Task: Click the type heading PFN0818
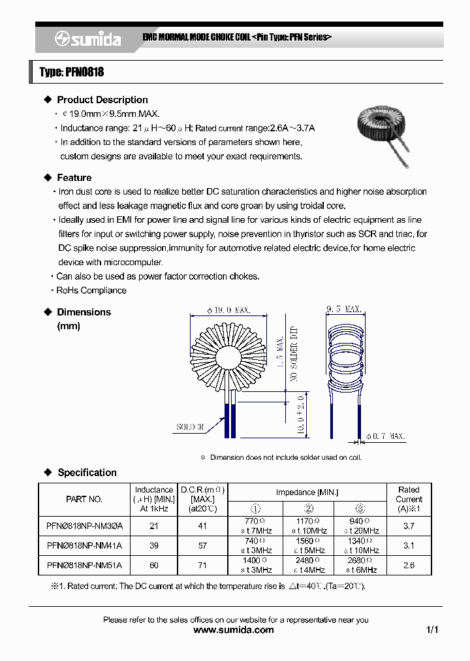pos(72,72)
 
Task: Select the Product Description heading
pos(102,100)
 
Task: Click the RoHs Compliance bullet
pos(91,290)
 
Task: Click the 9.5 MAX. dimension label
pos(343,308)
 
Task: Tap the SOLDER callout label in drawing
pos(190,427)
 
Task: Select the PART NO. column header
pos(84,499)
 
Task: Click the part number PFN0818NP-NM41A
pos(85,545)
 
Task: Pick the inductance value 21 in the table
pos(154,526)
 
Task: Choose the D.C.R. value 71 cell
pos(202,565)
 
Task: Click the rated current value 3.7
pos(409,526)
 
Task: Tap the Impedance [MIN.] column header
pos(307,492)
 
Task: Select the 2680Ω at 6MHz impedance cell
pos(360,565)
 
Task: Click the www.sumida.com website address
pos(234,630)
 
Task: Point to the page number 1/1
pos(431,630)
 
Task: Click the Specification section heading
pos(87,472)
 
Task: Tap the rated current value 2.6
pos(409,565)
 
